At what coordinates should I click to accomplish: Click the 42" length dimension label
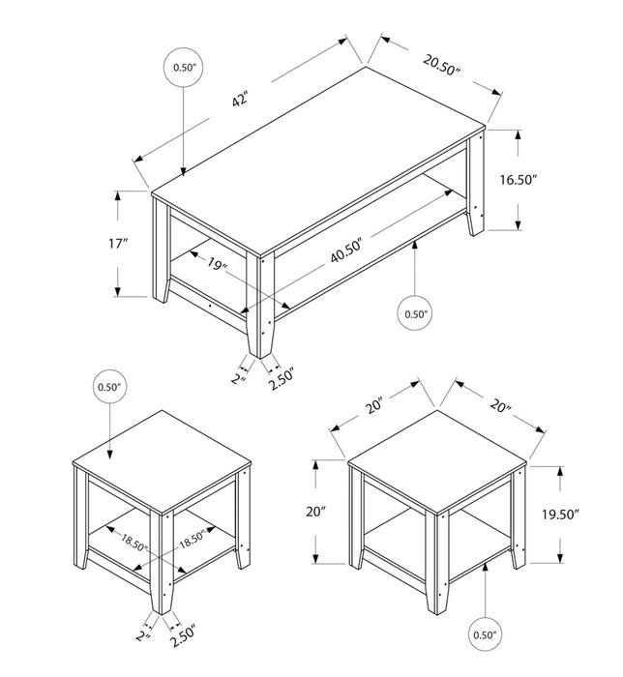[x=239, y=100]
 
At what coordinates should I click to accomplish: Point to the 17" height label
[x=120, y=244]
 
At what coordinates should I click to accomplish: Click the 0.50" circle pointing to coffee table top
[x=184, y=68]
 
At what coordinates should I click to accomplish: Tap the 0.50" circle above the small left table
[x=110, y=388]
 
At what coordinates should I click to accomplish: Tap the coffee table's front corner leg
[x=260, y=305]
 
